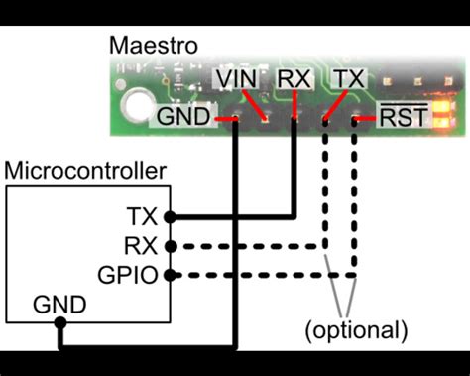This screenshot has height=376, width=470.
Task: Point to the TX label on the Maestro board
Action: [x=349, y=78]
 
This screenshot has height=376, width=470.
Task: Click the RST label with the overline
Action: [x=404, y=118]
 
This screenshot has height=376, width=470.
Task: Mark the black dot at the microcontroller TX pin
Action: [x=171, y=216]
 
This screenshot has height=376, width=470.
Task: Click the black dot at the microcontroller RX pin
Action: [x=171, y=246]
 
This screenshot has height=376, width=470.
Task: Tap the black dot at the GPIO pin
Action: [x=171, y=275]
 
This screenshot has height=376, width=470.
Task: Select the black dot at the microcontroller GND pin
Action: [x=60, y=322]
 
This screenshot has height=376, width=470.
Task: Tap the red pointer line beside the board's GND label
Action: [x=225, y=119]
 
